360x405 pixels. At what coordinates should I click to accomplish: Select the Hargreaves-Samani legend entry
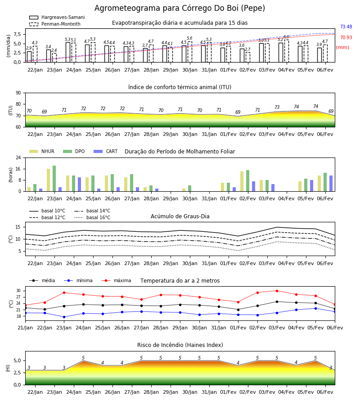click(x=57, y=17)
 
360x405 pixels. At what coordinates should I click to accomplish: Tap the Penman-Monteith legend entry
click(x=55, y=24)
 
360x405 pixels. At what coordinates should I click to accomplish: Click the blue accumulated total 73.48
click(x=346, y=27)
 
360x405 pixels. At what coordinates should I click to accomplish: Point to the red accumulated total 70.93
click(x=346, y=37)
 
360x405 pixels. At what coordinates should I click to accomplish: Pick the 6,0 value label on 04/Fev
click(x=286, y=37)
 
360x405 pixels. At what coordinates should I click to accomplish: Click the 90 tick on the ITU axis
click(x=18, y=93)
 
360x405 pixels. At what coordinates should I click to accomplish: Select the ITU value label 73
click(x=277, y=107)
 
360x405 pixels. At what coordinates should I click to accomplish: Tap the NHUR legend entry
click(x=41, y=151)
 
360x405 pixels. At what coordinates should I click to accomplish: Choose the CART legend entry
click(x=105, y=151)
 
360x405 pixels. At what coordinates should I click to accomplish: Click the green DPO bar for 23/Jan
click(x=54, y=179)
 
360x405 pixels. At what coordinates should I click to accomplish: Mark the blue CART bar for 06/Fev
click(x=331, y=184)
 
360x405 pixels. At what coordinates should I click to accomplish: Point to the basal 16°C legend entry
click(x=92, y=217)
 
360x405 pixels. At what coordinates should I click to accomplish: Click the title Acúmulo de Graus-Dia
click(x=180, y=216)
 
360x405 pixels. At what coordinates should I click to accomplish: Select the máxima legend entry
click(x=116, y=280)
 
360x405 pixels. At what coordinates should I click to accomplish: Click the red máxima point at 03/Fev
click(x=277, y=291)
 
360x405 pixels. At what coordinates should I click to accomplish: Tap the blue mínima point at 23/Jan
click(x=64, y=317)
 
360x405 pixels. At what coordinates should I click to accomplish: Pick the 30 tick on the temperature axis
click(x=18, y=291)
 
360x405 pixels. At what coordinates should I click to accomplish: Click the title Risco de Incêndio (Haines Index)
click(x=180, y=345)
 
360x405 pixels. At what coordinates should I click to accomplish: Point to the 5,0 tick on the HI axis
click(x=17, y=360)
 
